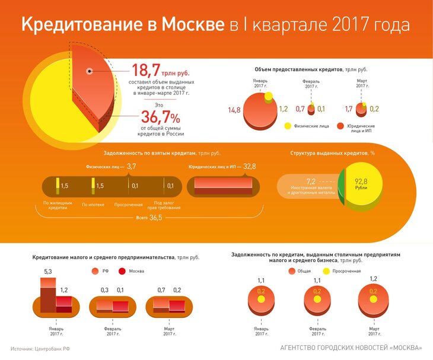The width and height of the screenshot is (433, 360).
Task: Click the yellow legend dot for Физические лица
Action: click(x=288, y=126)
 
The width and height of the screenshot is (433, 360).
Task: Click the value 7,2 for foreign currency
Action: click(x=311, y=181)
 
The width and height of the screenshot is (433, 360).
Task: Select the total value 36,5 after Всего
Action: click(x=155, y=218)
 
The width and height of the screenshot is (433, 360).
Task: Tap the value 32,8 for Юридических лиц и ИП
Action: click(x=249, y=167)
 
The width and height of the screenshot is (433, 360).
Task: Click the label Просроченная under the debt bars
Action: click(x=129, y=205)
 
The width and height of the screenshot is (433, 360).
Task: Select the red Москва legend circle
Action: click(x=123, y=271)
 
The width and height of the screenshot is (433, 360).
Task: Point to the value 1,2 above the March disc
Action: click(x=373, y=278)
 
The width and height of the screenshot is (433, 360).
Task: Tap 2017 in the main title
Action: click(x=349, y=26)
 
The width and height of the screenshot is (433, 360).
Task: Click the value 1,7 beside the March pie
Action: click(x=349, y=109)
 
